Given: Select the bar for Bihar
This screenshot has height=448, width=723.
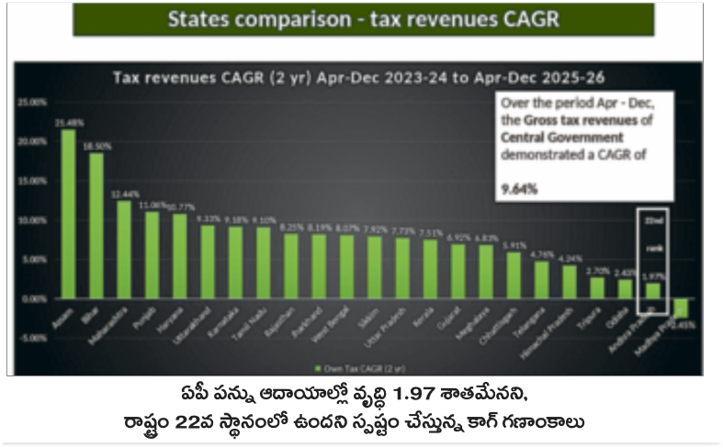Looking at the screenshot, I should click(96, 226).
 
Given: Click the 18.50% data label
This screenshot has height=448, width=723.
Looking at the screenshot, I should click(96, 145).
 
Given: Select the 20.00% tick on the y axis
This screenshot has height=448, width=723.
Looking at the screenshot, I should click(30, 141).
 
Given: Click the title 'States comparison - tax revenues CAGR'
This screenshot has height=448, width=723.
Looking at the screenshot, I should click(363, 19).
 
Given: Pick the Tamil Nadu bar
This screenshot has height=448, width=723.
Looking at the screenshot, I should click(263, 263).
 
